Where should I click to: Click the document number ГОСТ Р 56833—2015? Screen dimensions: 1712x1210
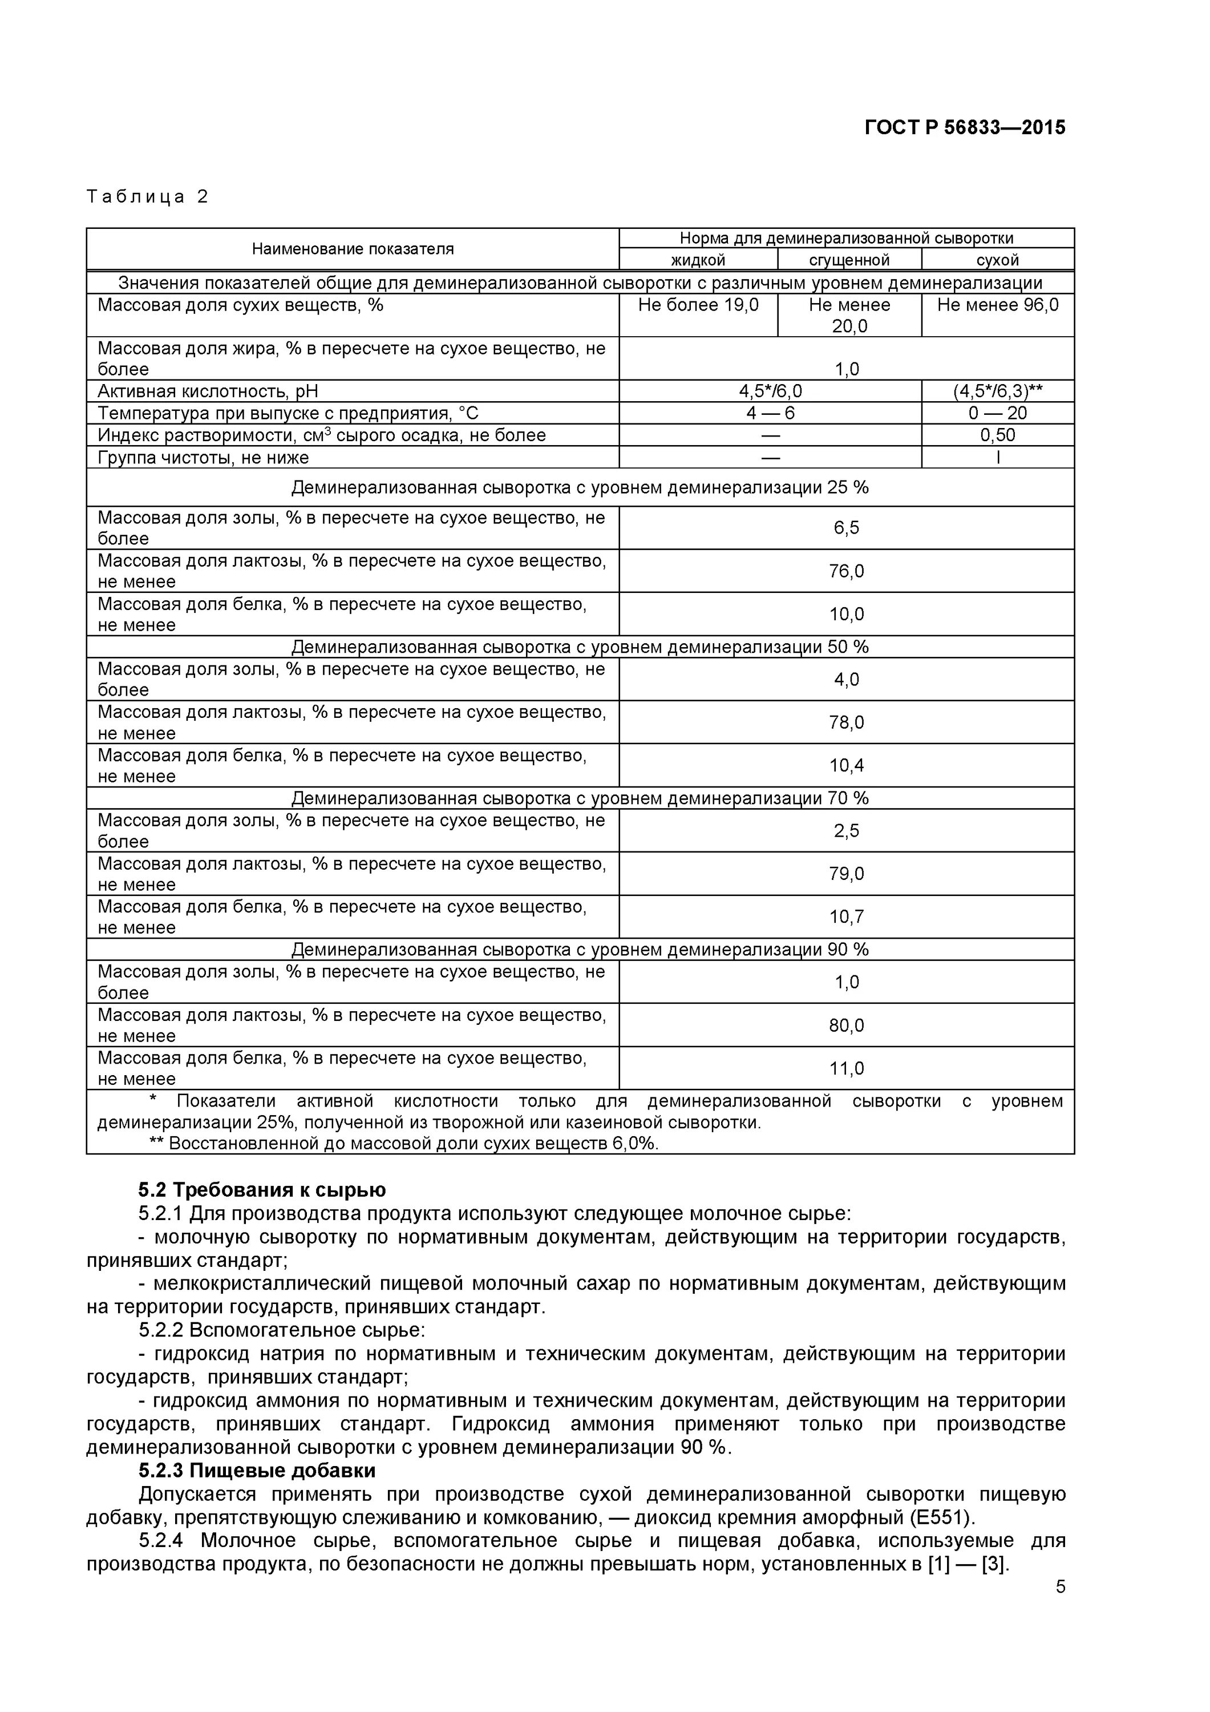tap(964, 127)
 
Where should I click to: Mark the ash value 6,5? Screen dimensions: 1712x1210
tap(846, 528)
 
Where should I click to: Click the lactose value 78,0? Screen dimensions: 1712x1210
tap(846, 722)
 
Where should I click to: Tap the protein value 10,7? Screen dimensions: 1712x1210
tap(846, 917)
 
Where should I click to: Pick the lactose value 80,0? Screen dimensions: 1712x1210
tap(846, 1026)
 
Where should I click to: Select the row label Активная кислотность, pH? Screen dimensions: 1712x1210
tap(208, 391)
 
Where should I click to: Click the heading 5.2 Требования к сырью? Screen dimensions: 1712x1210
tap(262, 1190)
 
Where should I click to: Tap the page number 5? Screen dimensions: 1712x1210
tap(1060, 1586)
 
